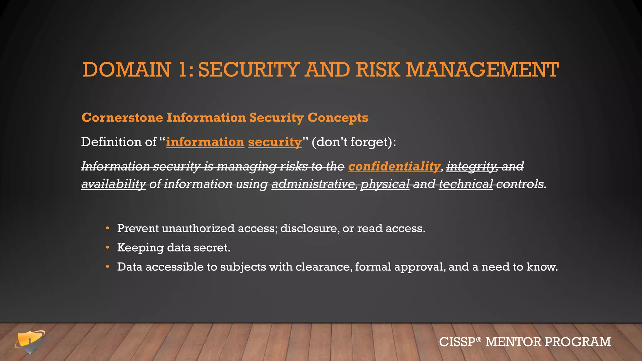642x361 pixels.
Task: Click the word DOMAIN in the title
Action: pos(127,70)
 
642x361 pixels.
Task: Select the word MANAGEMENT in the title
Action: pos(482,70)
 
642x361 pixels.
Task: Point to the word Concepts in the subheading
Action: pos(338,118)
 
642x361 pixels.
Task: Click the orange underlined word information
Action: pos(205,142)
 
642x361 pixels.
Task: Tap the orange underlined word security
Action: pos(275,142)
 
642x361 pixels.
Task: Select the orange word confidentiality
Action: pos(394,166)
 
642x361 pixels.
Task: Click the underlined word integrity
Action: pos(471,166)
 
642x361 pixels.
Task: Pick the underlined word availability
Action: pos(113,184)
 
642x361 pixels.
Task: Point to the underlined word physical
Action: pos(385,184)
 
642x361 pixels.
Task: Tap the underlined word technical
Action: pos(466,184)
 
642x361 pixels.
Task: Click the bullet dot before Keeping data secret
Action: pos(108,248)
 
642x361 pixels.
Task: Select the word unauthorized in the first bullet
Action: pos(198,228)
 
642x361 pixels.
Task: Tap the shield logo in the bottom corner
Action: pos(29,342)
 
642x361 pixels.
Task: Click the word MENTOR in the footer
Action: pos(513,342)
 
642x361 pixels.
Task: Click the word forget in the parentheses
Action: pos(369,142)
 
